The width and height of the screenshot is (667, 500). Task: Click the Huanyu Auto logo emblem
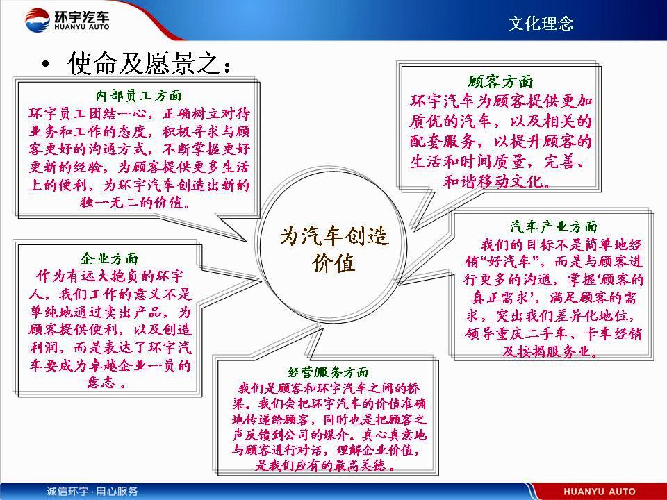[38, 20]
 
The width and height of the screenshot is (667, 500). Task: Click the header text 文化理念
[541, 24]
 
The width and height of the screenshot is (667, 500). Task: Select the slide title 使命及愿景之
[149, 63]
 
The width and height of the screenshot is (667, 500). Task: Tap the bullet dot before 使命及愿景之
[46, 65]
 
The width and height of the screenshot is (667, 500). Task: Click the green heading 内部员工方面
[139, 95]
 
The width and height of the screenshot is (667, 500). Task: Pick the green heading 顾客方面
[500, 81]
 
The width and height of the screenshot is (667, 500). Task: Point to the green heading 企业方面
[109, 258]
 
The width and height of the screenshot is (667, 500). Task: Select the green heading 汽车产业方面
[554, 226]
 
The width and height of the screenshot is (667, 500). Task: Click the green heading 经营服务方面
[328, 372]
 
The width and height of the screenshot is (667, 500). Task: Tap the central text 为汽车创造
[334, 236]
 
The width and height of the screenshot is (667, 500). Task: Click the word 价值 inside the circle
[333, 263]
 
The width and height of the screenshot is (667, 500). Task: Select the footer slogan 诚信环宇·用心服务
[92, 492]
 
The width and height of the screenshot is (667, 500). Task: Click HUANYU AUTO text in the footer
[600, 492]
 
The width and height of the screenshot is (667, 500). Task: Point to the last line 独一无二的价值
[135, 202]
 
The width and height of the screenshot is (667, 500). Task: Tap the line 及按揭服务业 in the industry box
[550, 351]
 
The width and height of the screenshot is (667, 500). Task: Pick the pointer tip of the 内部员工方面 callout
[246, 241]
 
